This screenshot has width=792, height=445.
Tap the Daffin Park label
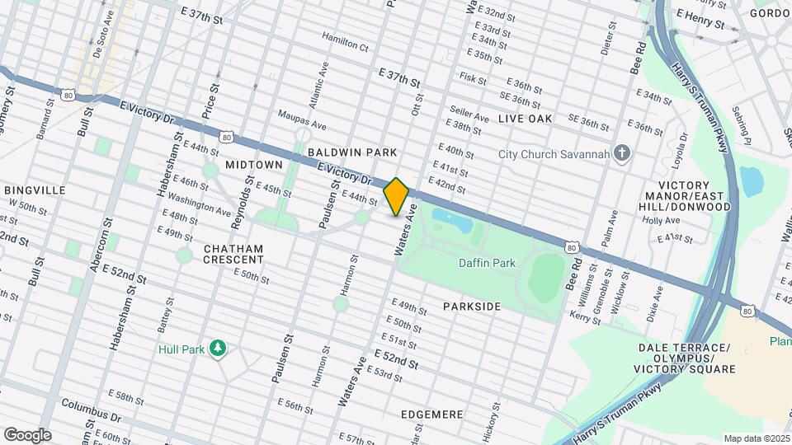point(487,263)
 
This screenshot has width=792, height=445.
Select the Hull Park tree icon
point(218,349)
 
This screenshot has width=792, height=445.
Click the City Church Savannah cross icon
point(623,154)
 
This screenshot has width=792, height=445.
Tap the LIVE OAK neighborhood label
point(525,119)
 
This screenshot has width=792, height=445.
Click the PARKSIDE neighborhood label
point(471,307)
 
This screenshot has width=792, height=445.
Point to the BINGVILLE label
point(35,190)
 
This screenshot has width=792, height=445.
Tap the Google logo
point(27,434)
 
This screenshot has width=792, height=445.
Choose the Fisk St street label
point(474,78)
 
